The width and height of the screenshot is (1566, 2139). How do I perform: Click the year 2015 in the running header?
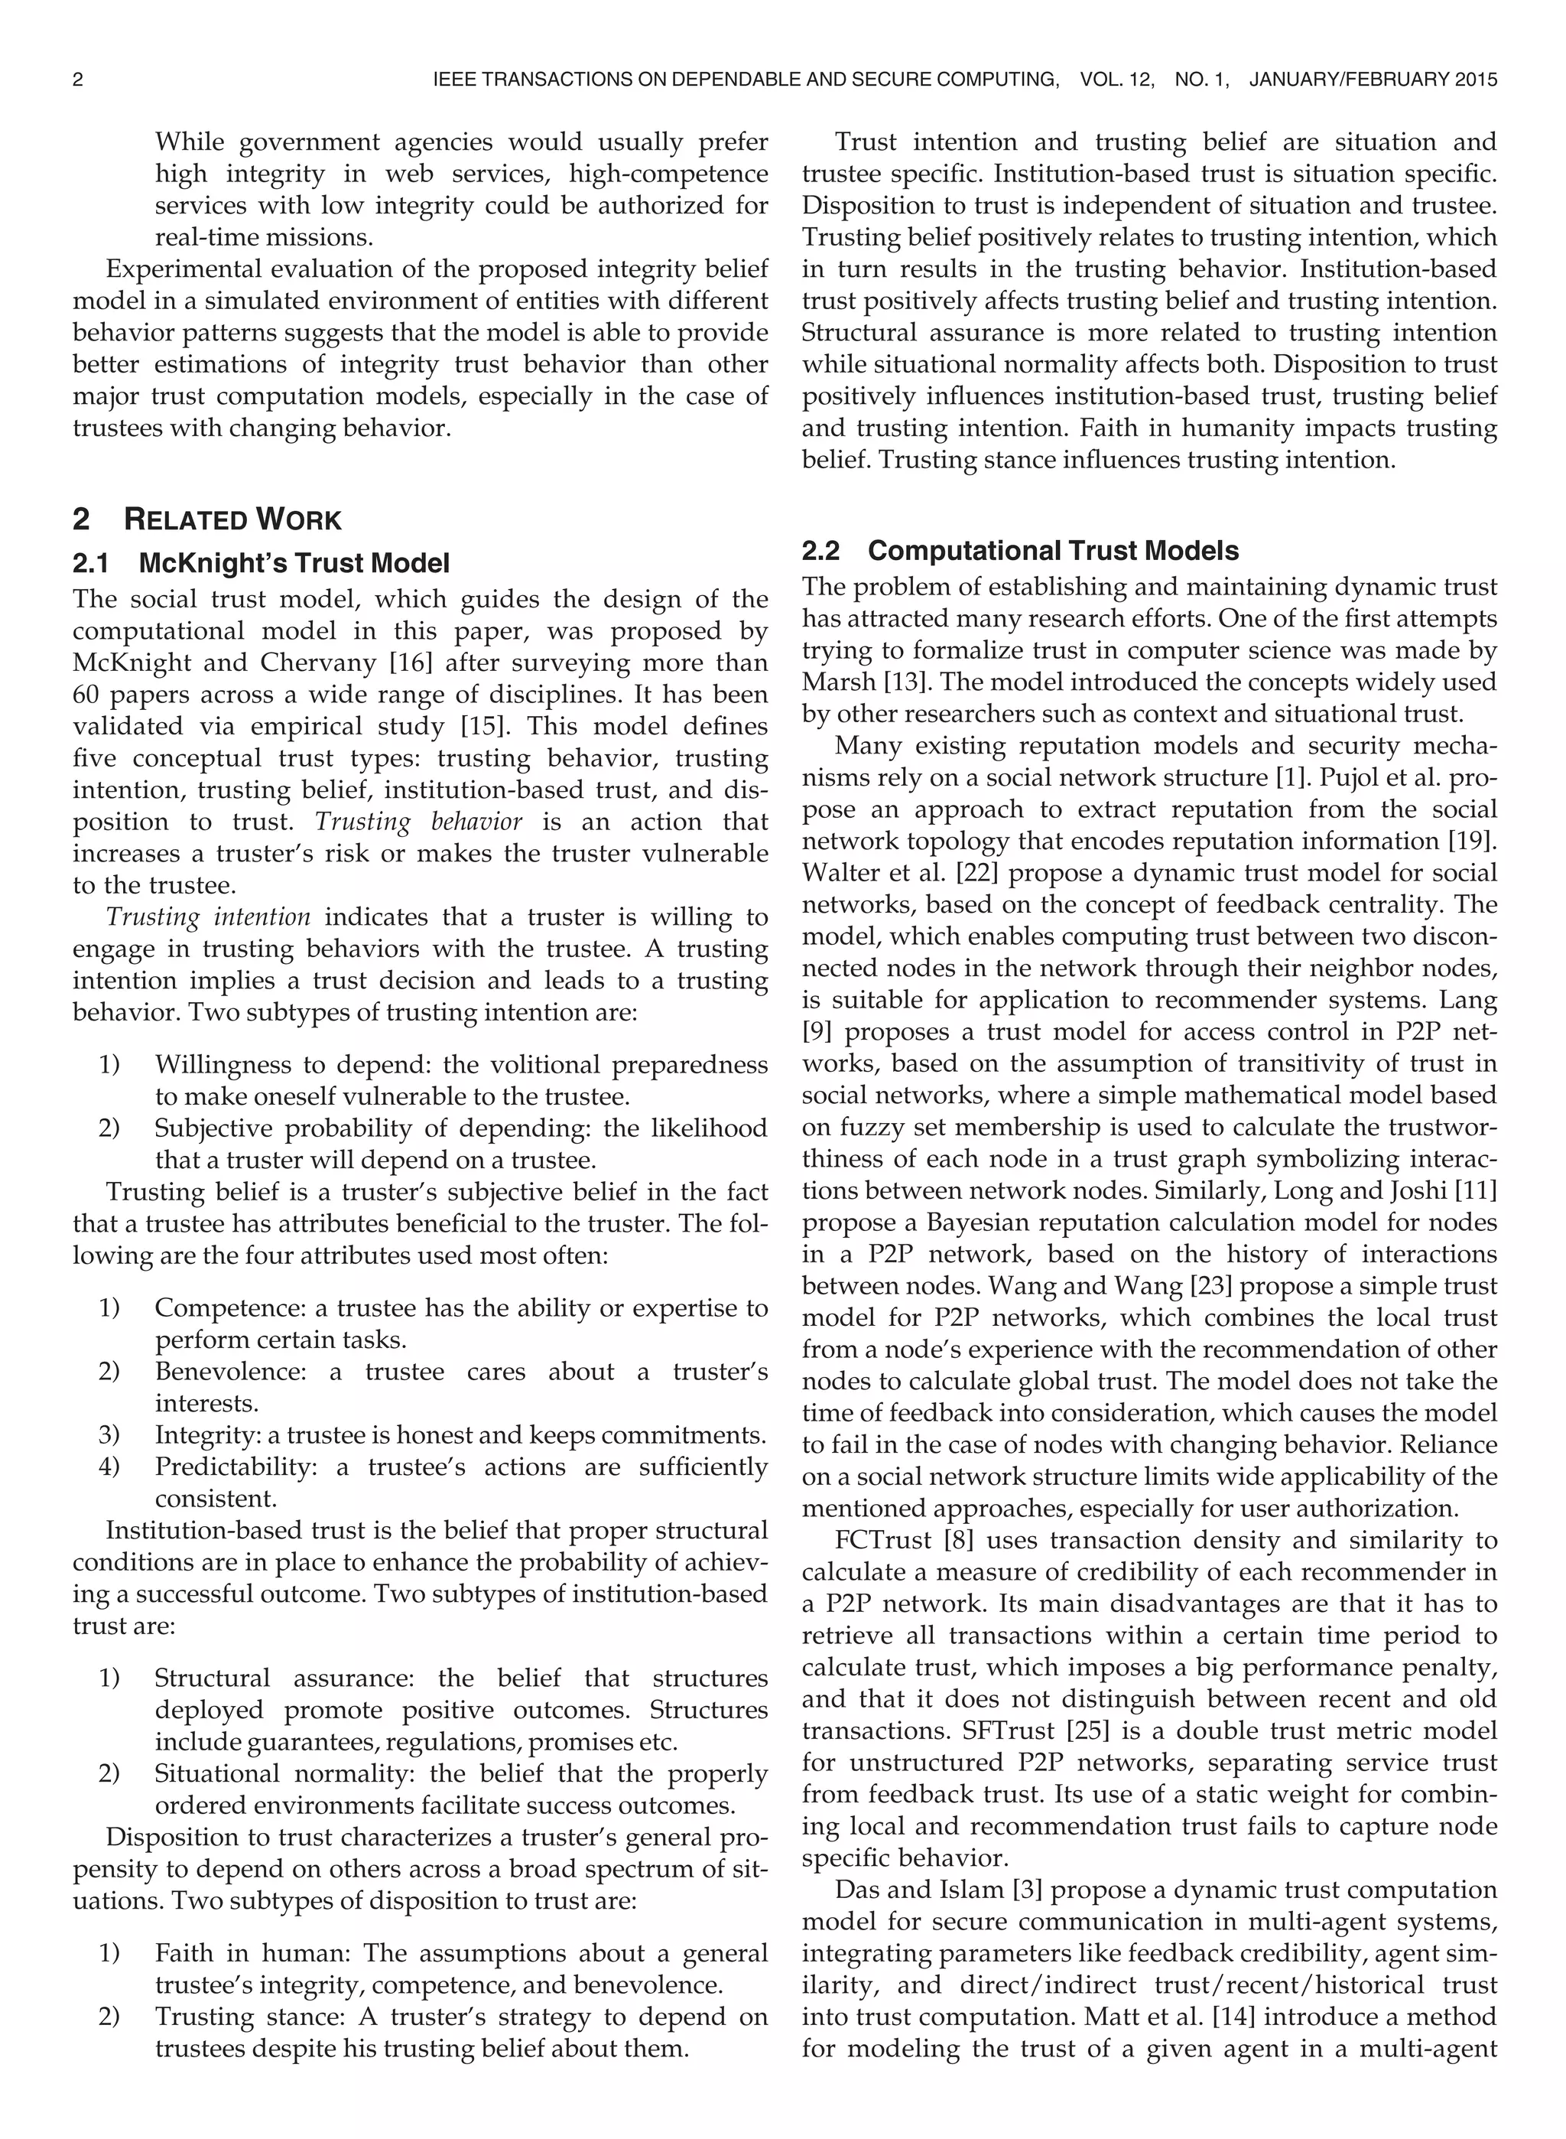click(1476, 80)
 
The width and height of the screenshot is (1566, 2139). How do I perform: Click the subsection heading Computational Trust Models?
click(1053, 551)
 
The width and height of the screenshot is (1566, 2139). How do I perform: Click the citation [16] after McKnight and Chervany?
click(411, 663)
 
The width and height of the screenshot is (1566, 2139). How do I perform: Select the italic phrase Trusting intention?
click(209, 916)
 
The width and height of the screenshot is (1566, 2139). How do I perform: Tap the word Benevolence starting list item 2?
click(230, 1371)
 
